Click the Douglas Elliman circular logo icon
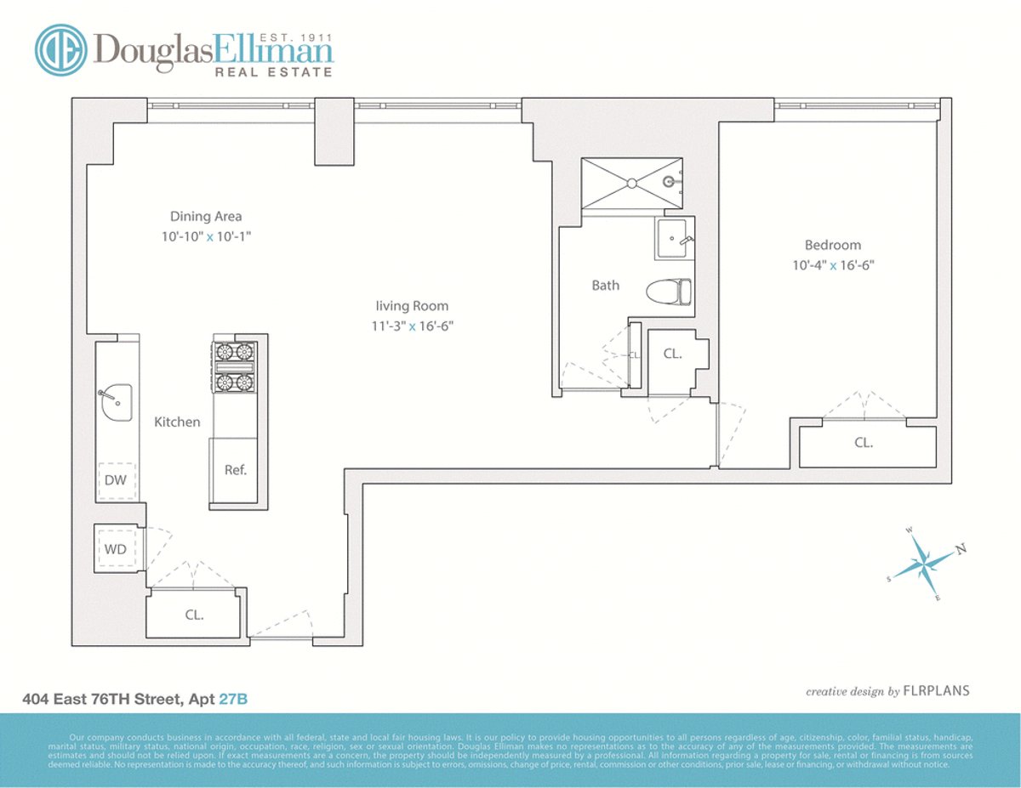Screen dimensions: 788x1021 click(x=60, y=50)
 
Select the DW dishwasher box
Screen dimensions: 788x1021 click(x=116, y=480)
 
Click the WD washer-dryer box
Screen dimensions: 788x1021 click(x=116, y=549)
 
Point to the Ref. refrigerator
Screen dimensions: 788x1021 click(x=236, y=470)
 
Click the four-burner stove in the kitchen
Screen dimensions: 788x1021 click(x=234, y=366)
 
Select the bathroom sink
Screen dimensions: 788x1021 click(x=674, y=239)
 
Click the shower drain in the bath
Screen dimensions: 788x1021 click(x=631, y=181)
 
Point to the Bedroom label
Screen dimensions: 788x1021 click(x=832, y=245)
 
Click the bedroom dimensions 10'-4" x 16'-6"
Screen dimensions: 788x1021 click(x=832, y=264)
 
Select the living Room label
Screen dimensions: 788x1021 click(x=412, y=306)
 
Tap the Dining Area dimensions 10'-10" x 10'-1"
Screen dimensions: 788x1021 click(x=205, y=236)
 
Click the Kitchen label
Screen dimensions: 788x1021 click(x=177, y=422)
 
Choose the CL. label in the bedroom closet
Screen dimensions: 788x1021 click(x=864, y=443)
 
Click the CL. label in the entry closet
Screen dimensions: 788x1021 click(x=194, y=614)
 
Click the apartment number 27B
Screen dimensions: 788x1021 click(x=233, y=700)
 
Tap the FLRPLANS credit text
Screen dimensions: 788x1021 click(x=936, y=691)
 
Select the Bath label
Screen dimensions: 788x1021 click(x=605, y=286)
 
